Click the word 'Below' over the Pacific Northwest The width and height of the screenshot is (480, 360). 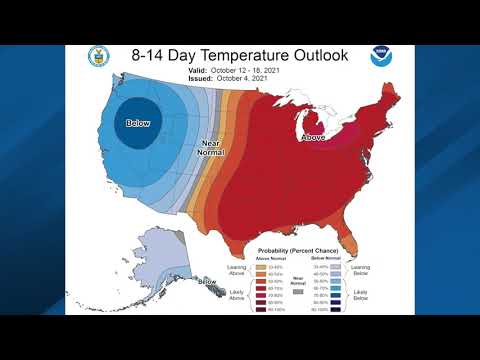click(137, 123)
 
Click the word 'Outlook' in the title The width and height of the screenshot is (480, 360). click(315, 55)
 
